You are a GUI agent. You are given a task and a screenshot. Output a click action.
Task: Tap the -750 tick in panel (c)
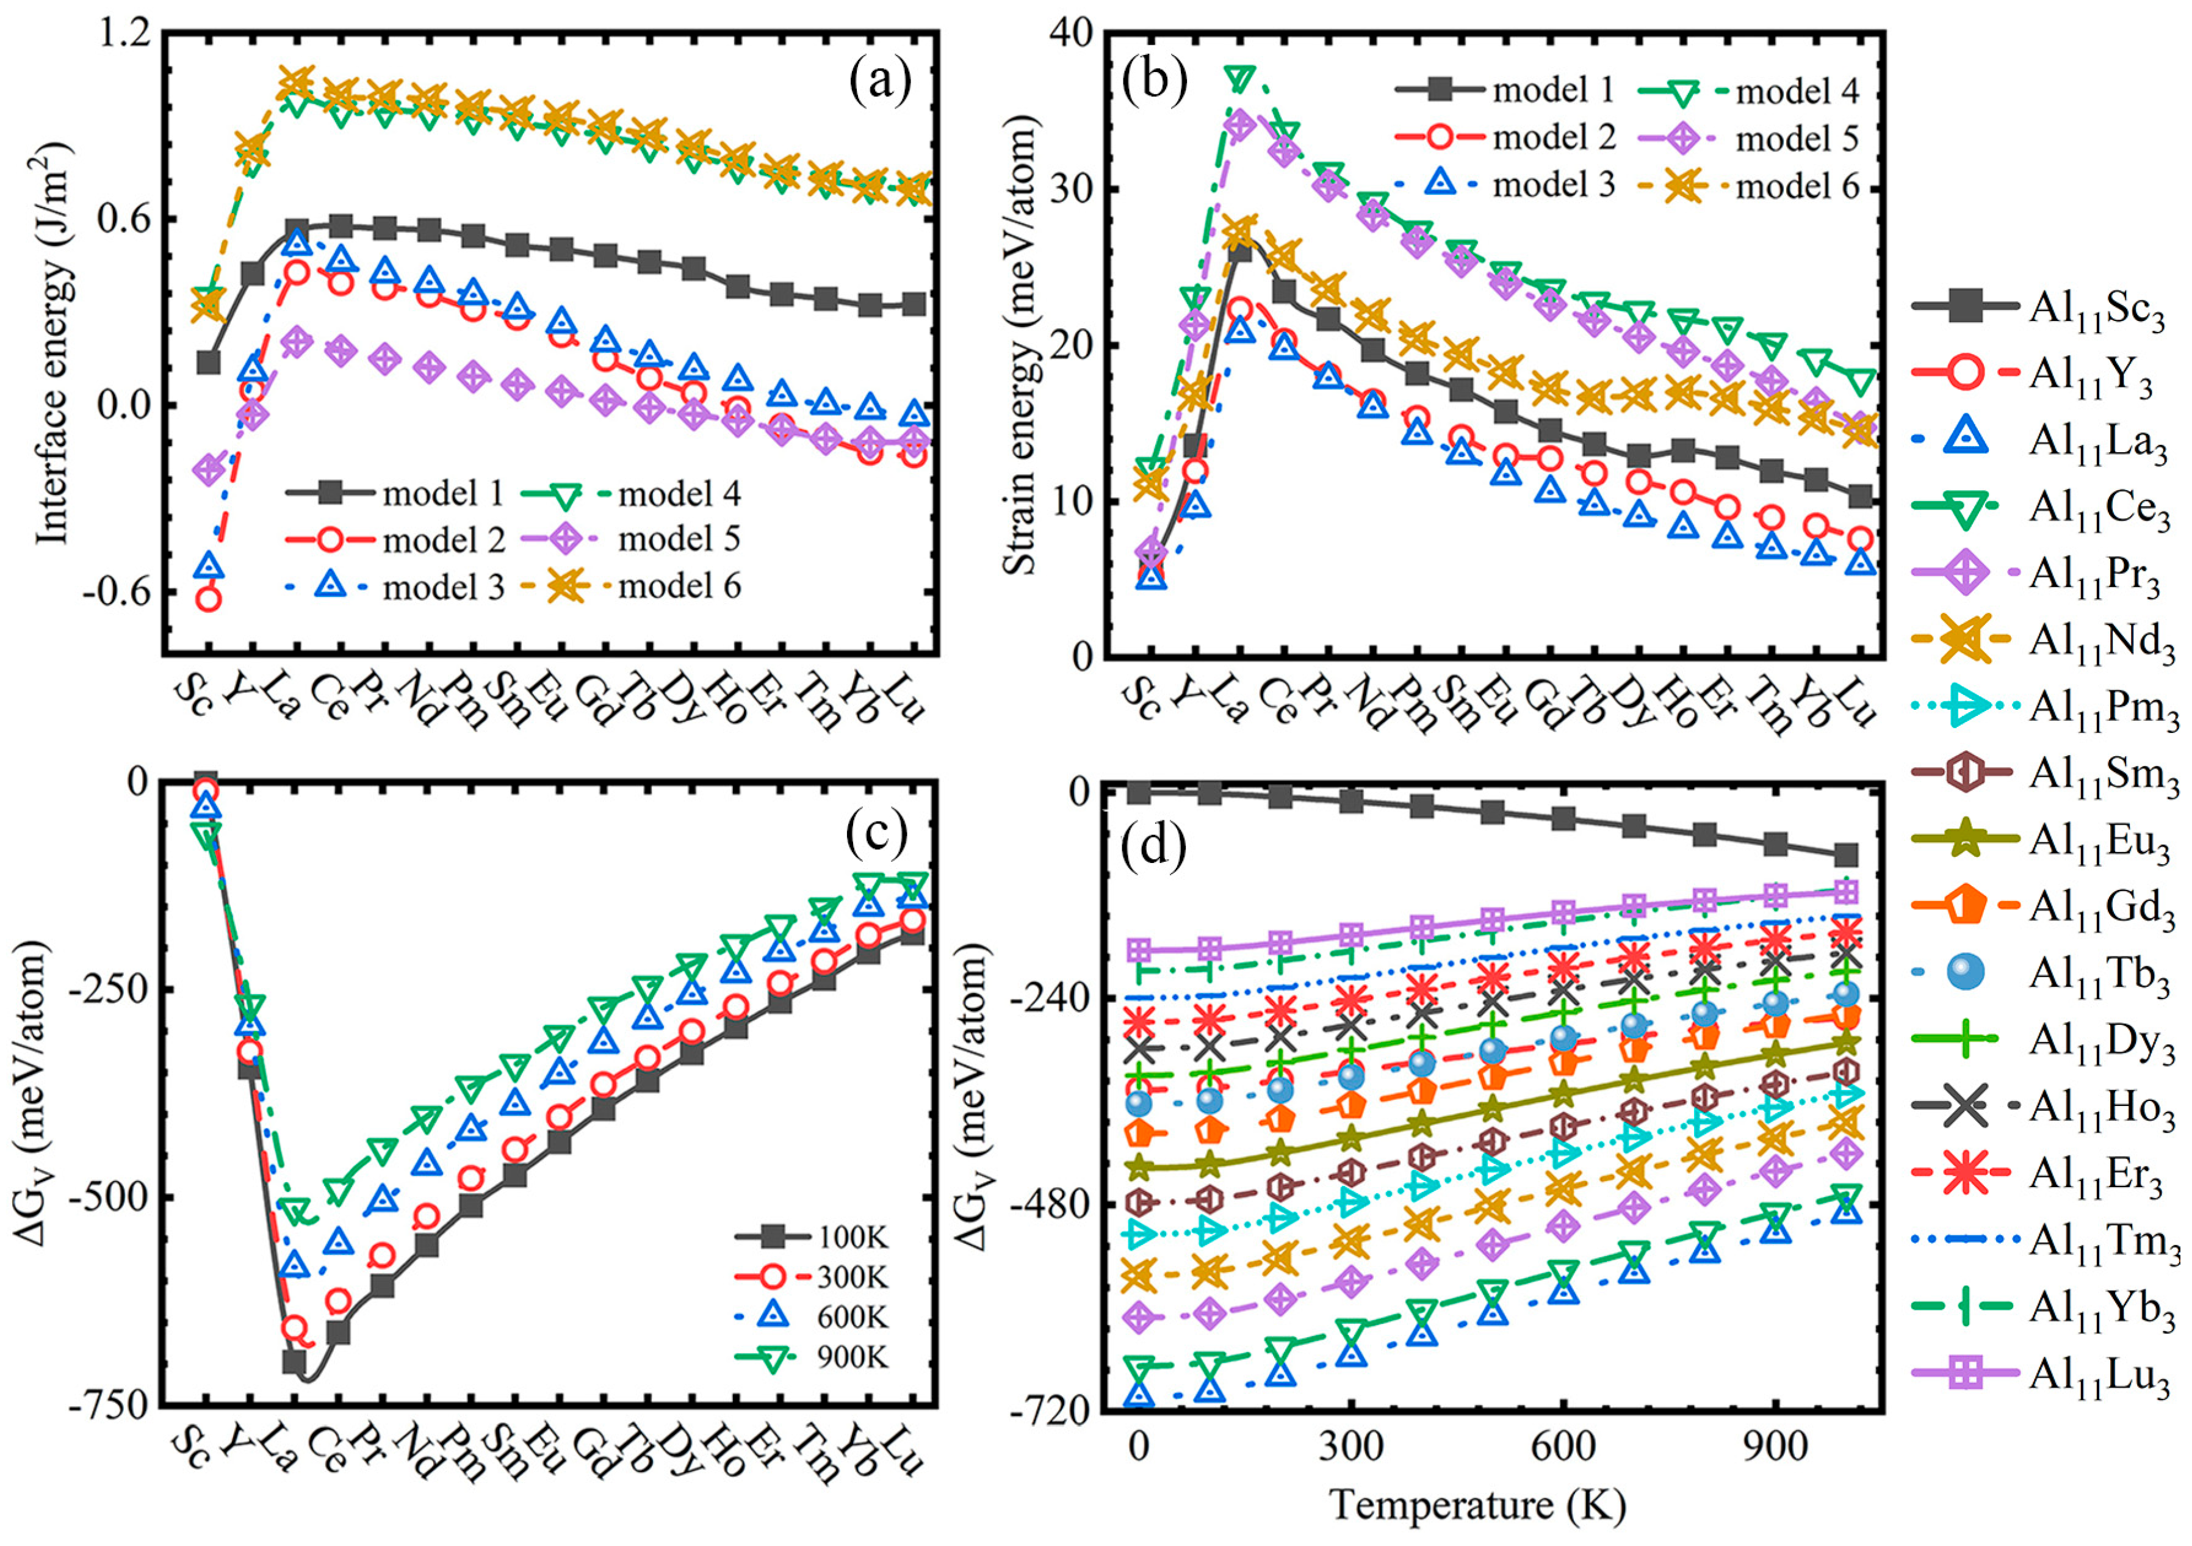107,1407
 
